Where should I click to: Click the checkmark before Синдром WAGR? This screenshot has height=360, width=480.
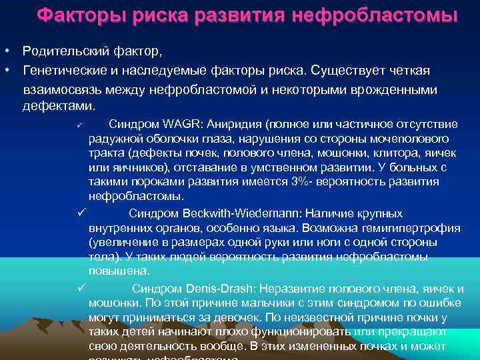[79, 125]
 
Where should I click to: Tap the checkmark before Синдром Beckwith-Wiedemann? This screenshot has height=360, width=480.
[79, 213]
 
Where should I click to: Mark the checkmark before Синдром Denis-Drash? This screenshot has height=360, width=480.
[79, 288]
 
